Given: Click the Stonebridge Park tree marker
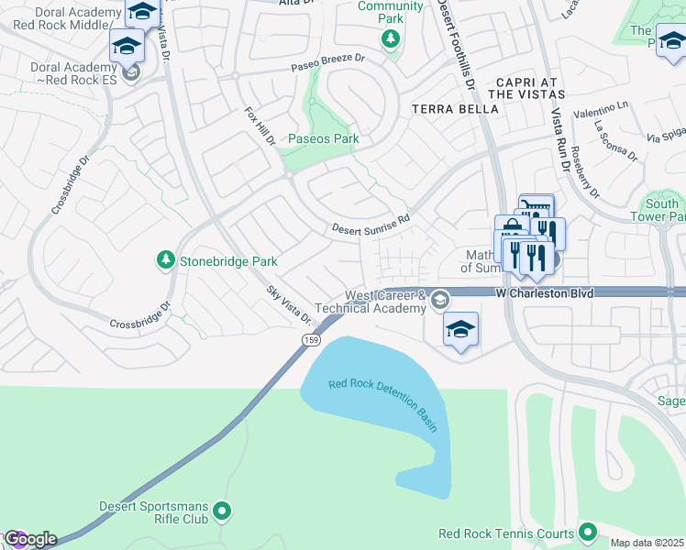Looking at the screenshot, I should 166,261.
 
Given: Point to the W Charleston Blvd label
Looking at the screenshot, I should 545,293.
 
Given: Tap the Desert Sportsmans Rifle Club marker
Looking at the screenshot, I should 221,511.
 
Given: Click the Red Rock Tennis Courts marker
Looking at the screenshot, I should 587,533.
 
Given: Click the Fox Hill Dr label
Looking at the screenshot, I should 260,126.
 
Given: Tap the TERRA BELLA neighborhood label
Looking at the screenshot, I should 455,108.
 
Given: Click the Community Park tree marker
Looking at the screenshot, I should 391,38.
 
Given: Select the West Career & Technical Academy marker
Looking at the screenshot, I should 440,300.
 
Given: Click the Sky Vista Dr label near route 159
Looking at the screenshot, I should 289,304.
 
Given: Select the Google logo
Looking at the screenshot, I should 30,539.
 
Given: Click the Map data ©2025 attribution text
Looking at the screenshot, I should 646,543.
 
